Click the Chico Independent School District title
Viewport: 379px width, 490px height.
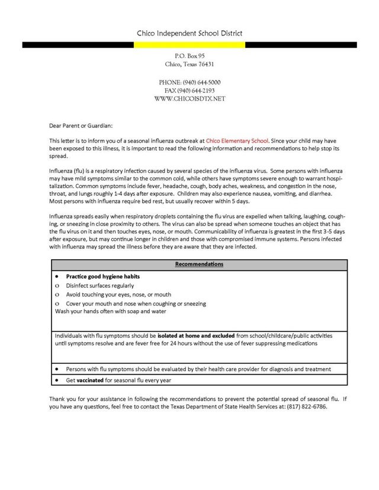point(189,34)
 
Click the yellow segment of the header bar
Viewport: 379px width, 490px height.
point(189,44)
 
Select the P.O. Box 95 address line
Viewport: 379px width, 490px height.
point(189,55)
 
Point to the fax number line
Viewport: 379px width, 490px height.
point(189,91)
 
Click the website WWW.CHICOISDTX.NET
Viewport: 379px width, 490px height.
point(189,99)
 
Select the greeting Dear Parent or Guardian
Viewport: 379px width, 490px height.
point(80,125)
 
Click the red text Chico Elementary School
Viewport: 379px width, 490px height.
point(237,141)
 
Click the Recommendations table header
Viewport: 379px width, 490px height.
point(199,264)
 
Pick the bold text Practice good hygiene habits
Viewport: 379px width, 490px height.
point(103,276)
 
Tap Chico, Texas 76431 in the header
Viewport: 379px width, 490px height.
point(189,64)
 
